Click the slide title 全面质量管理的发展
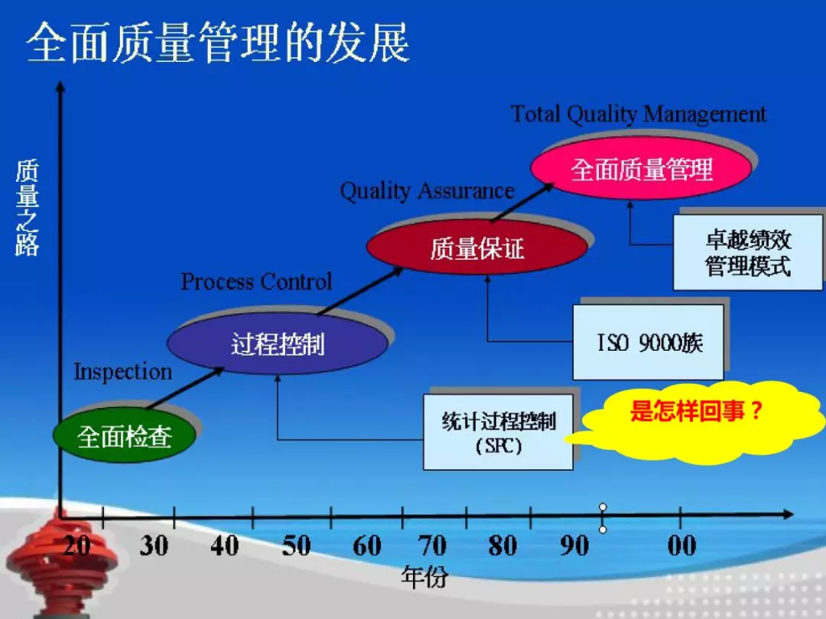pyautogui.click(x=218, y=43)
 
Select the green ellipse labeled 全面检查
pyautogui.click(x=125, y=436)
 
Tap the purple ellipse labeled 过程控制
pyautogui.click(x=278, y=344)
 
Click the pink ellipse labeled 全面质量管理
pyautogui.click(x=642, y=169)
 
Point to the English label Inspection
pyautogui.click(x=122, y=372)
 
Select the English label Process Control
pyautogui.click(x=256, y=282)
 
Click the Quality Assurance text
pyautogui.click(x=427, y=191)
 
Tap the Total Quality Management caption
pyautogui.click(x=639, y=114)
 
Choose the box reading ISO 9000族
pyautogui.click(x=648, y=342)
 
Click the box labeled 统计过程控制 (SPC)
pyautogui.click(x=499, y=432)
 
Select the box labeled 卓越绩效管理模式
pyautogui.click(x=748, y=252)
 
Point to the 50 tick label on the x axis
pyautogui.click(x=296, y=546)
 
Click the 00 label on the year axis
pyautogui.click(x=681, y=546)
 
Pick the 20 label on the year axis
pyautogui.click(x=77, y=546)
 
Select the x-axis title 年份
pyautogui.click(x=424, y=578)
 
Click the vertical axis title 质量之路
pyautogui.click(x=27, y=208)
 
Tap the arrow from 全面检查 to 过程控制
pyautogui.click(x=185, y=388)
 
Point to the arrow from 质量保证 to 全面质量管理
pyautogui.click(x=522, y=202)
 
